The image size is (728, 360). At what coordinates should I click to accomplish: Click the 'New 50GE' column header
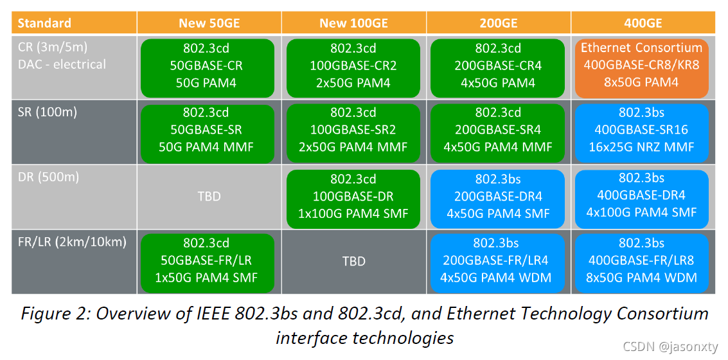click(x=209, y=24)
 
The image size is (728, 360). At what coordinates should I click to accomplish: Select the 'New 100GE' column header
click(x=353, y=24)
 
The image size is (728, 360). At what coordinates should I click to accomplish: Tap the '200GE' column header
click(x=498, y=24)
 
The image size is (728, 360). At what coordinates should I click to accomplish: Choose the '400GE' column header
click(x=643, y=24)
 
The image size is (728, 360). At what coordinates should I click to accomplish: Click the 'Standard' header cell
click(x=44, y=24)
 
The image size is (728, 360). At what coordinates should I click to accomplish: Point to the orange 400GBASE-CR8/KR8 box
click(x=641, y=66)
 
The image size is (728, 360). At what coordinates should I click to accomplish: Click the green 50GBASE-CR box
click(x=209, y=66)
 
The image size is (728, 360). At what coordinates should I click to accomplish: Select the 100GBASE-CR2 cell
click(x=353, y=66)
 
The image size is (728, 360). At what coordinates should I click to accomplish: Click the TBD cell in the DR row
click(x=209, y=196)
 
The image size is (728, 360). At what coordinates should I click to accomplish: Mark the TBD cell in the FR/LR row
click(x=353, y=261)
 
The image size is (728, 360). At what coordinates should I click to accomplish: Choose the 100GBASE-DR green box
click(x=353, y=196)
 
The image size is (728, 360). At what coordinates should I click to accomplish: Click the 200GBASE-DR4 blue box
click(x=498, y=196)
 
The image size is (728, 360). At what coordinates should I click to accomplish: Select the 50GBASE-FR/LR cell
click(x=209, y=261)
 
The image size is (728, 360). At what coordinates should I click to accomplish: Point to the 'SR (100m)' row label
click(x=48, y=112)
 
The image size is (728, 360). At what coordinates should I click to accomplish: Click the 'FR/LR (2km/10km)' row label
click(x=71, y=242)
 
